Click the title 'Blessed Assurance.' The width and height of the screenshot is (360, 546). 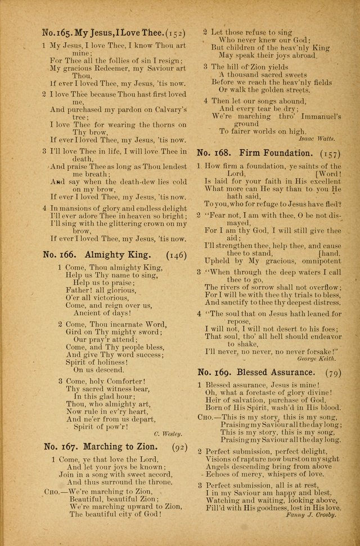point(276,373)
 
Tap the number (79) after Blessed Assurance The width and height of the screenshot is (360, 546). point(332,373)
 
